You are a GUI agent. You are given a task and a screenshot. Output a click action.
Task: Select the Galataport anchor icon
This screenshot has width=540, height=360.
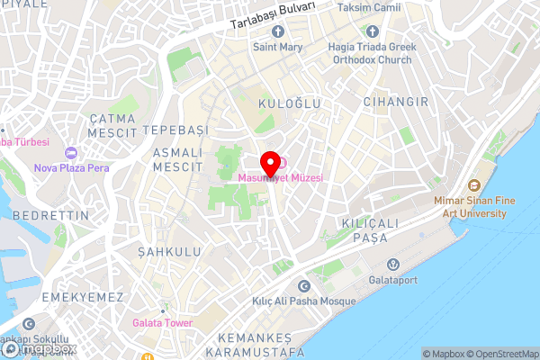(x=392, y=265)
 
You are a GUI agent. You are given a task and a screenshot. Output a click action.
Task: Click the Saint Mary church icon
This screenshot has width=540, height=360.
(x=277, y=33)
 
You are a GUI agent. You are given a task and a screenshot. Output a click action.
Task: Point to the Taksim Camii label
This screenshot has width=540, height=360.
(x=369, y=7)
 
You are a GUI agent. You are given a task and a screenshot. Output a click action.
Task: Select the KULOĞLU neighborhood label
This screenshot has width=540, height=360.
(x=290, y=104)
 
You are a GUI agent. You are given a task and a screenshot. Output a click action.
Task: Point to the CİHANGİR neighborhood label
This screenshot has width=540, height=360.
(x=396, y=102)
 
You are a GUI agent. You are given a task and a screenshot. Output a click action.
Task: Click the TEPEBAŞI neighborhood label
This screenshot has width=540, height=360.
(x=175, y=130)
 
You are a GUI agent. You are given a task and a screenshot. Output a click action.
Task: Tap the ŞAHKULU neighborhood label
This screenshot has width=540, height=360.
(x=170, y=252)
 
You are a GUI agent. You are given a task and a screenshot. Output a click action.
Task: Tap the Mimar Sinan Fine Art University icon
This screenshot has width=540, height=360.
(x=487, y=170)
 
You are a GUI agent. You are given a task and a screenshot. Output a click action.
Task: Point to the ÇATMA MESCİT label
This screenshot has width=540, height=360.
(x=112, y=125)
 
